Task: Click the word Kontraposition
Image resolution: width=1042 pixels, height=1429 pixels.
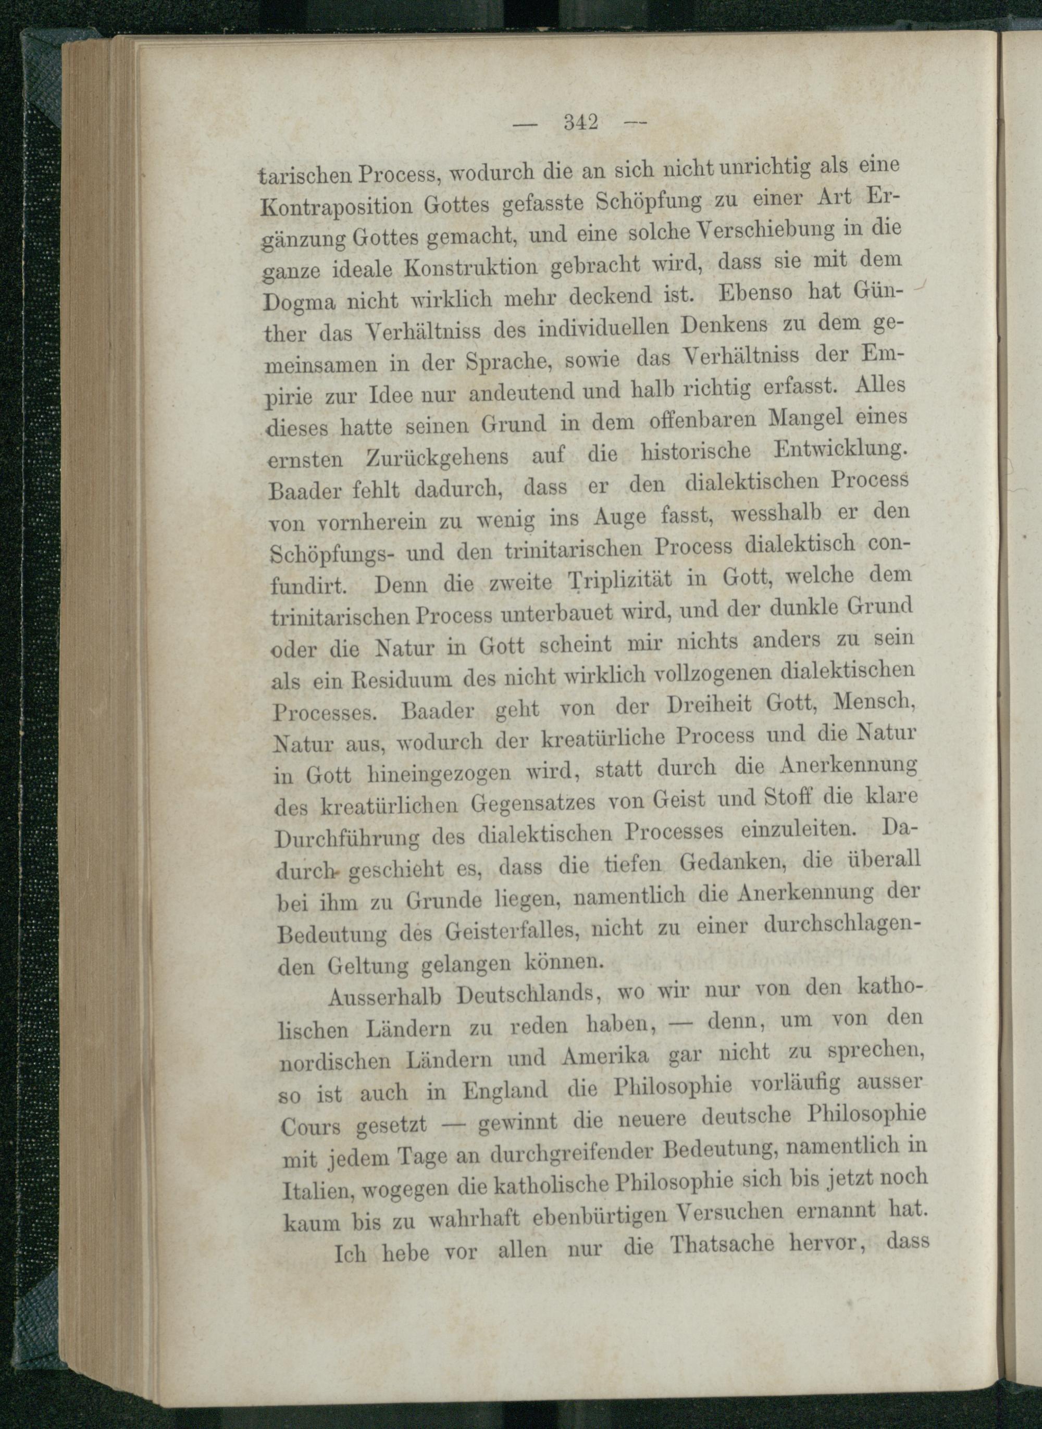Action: (336, 206)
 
